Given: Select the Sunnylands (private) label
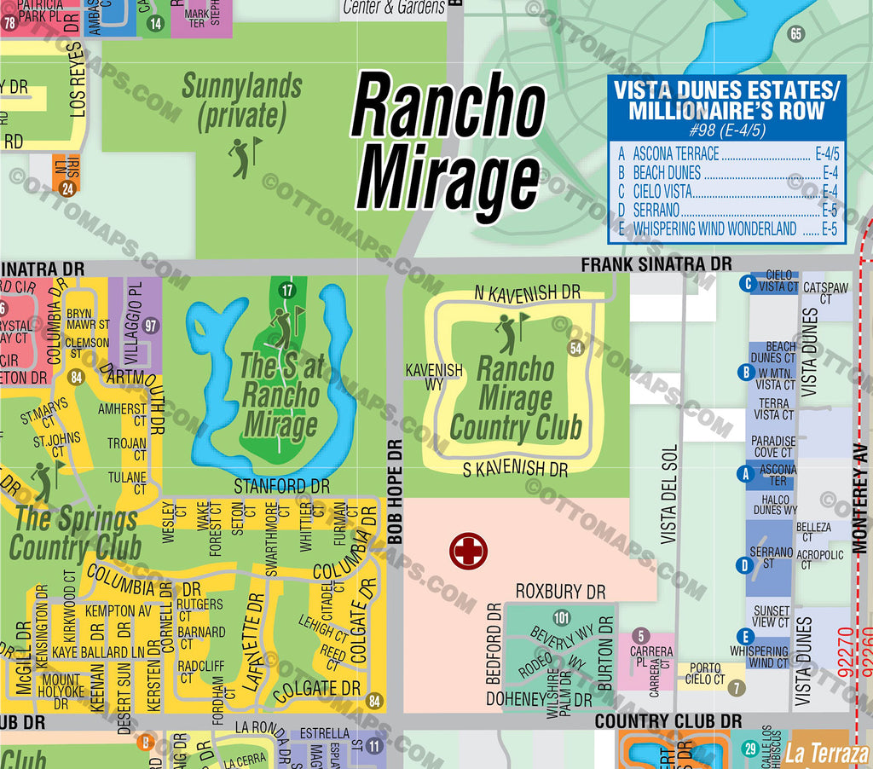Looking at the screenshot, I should pyautogui.click(x=241, y=101).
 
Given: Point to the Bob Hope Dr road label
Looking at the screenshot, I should pyautogui.click(x=394, y=493).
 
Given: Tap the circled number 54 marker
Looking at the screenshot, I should pyautogui.click(x=575, y=348).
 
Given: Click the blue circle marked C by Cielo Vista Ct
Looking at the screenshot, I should pyautogui.click(x=747, y=284).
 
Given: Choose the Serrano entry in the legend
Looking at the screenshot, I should pyautogui.click(x=656, y=210).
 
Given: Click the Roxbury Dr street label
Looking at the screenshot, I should pyautogui.click(x=560, y=591).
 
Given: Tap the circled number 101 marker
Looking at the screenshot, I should pyautogui.click(x=560, y=618).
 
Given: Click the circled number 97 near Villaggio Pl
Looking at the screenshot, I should pyautogui.click(x=152, y=326).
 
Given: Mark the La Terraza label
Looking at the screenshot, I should pyautogui.click(x=826, y=753).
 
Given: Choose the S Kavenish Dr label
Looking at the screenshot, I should pyautogui.click(x=515, y=469).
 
